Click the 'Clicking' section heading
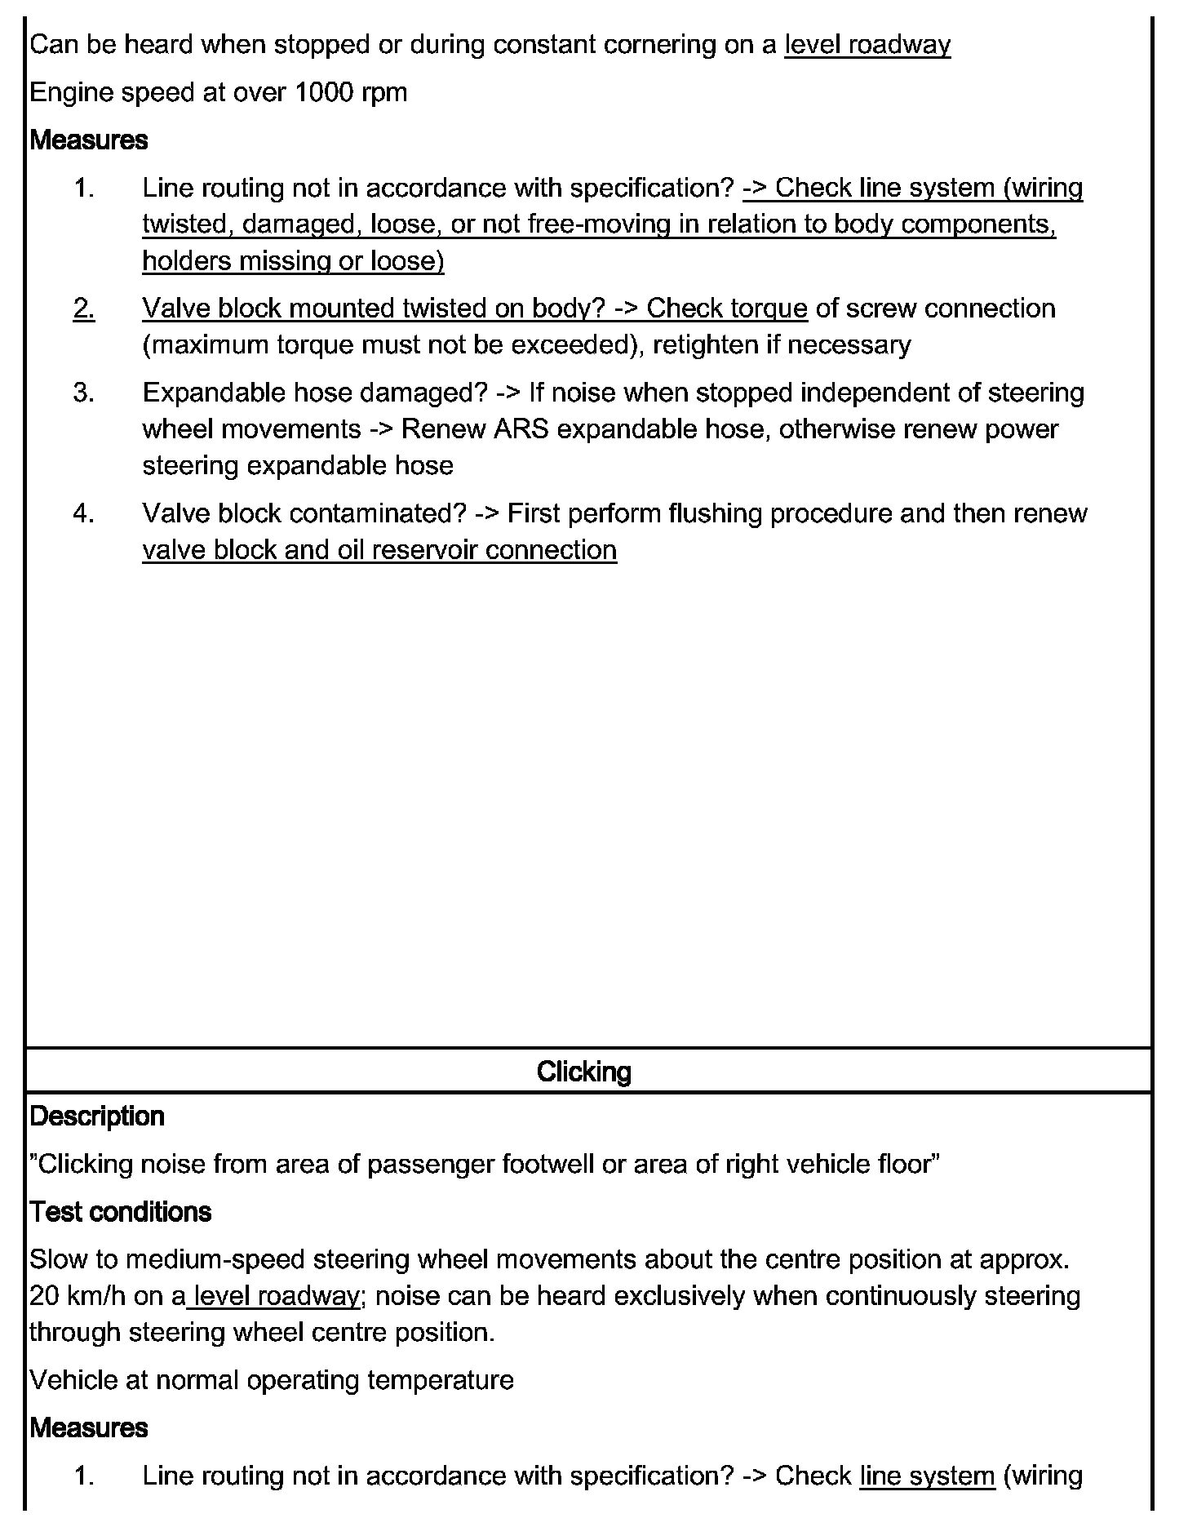583,1072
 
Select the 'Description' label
97,1116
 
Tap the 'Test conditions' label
121,1212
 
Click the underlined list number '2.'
84,309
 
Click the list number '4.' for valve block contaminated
84,513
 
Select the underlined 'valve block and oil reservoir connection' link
379,550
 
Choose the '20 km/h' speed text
77,1296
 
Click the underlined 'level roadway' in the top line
867,44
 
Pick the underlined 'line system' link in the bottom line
928,1476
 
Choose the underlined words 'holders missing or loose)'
293,261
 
